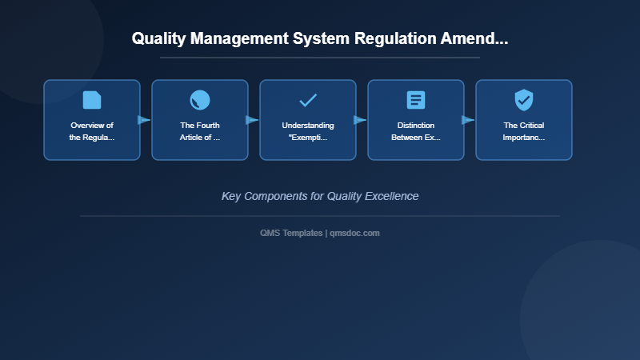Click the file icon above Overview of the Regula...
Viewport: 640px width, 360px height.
pos(92,100)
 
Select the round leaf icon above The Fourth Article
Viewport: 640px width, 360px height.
pos(200,100)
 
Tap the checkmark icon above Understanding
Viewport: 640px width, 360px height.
pos(308,100)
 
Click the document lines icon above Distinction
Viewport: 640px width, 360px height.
pos(416,100)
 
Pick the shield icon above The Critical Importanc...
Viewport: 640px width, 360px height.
pos(524,100)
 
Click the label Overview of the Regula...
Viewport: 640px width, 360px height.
pos(92,131)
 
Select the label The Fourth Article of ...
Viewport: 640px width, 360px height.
pos(200,131)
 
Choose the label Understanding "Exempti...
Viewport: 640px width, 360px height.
pos(308,131)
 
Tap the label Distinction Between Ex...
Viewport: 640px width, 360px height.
pos(416,131)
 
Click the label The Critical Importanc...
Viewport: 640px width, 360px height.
pos(524,131)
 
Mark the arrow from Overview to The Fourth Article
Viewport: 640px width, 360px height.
pos(144,120)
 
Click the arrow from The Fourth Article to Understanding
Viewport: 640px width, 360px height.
pos(252,120)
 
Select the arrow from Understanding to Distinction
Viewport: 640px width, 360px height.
pos(360,120)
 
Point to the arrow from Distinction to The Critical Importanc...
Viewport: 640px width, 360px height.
pos(468,120)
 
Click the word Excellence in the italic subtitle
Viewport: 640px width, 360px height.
pos(391,196)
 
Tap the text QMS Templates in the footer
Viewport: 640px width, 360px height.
pos(291,233)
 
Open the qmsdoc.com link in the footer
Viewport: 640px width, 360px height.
pos(354,233)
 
